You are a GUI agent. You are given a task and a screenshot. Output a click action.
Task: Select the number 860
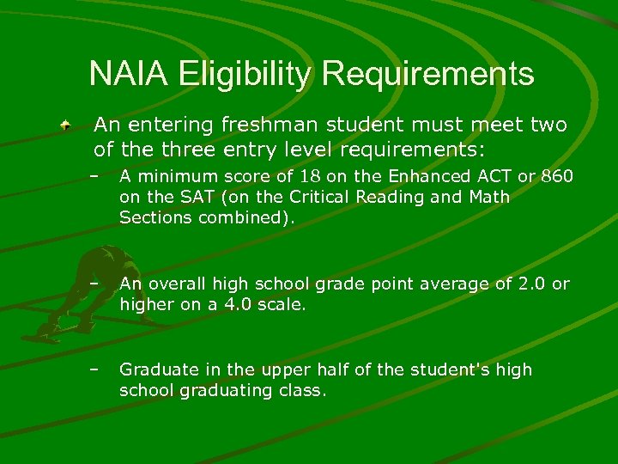point(557,176)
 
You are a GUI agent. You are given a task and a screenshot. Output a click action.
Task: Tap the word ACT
point(487,176)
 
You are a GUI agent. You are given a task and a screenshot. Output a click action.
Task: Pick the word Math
point(489,197)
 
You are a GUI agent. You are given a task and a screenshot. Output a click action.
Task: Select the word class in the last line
point(304,390)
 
